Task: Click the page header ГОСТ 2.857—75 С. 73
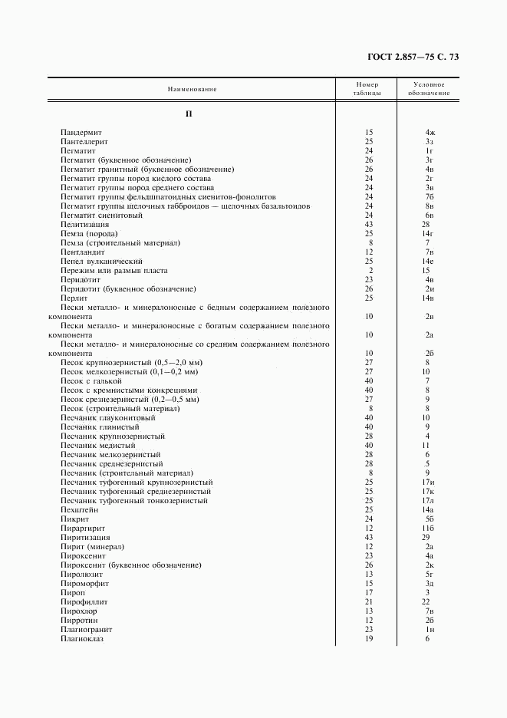tap(415, 56)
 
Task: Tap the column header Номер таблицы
tap(367, 88)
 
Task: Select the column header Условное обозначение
tap(429, 88)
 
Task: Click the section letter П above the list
tap(189, 114)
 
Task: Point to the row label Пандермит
tap(87, 133)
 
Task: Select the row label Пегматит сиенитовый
tap(101, 216)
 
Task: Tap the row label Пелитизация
tap(85, 225)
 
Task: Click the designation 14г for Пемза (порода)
tap(429, 234)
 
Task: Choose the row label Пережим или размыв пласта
tap(114, 271)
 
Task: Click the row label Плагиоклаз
tap(81, 639)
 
